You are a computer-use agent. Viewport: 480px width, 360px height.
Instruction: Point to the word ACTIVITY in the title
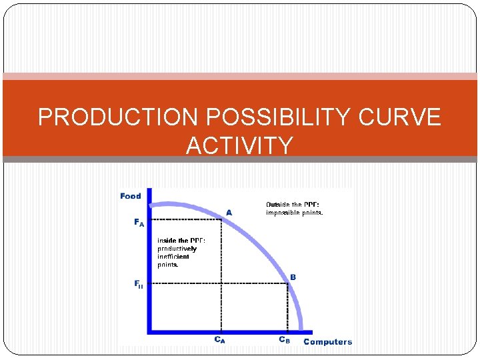coord(239,145)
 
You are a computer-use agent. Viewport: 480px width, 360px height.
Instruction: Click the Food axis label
coord(131,196)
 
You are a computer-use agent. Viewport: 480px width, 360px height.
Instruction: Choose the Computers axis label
coord(327,342)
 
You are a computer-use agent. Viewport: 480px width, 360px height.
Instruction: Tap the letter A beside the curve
coord(229,211)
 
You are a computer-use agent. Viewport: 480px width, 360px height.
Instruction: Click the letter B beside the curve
coord(293,277)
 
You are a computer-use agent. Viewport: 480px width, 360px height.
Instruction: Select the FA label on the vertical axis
coord(139,223)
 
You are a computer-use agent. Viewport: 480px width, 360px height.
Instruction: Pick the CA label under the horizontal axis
coord(219,339)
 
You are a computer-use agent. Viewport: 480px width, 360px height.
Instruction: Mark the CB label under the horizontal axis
coord(284,339)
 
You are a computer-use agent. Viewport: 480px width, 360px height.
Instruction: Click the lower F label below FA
coord(139,285)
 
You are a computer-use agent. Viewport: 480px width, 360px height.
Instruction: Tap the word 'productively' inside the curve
coord(177,249)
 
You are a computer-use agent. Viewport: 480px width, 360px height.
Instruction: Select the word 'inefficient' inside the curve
coord(173,257)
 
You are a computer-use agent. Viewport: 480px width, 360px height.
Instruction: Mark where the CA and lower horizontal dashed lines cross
coord(221,283)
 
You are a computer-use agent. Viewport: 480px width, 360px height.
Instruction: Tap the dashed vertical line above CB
coord(288,307)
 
